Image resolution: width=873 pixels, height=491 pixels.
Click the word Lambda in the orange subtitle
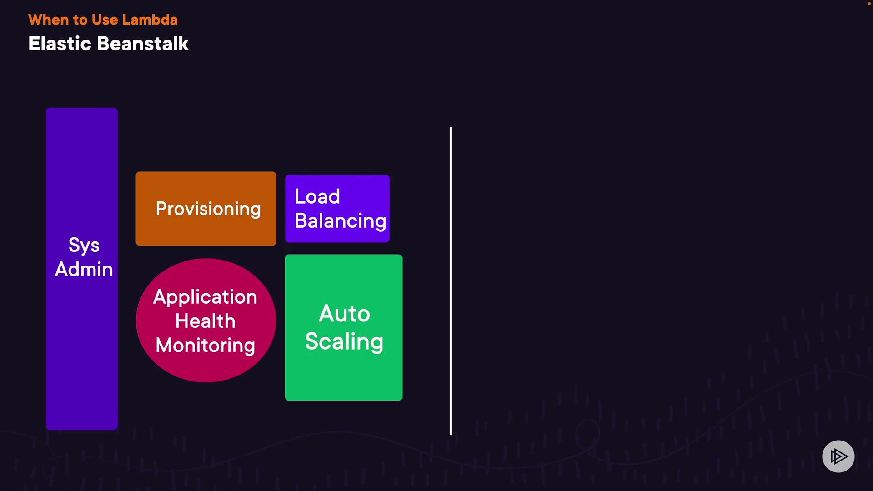coord(150,20)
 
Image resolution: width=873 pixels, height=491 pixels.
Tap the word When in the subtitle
coord(48,20)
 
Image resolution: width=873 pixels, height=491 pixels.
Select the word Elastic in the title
coord(60,44)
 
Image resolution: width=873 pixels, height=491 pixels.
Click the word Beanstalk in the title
coord(143,44)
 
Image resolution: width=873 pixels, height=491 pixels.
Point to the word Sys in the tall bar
coord(84,245)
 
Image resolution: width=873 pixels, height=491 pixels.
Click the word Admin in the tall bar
coord(84,269)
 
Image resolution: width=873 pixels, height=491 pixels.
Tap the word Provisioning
coord(208,209)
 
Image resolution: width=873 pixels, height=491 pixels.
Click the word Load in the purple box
coord(317,196)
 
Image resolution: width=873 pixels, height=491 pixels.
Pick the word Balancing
coord(340,221)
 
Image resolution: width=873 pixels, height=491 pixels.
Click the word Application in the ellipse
coord(205,297)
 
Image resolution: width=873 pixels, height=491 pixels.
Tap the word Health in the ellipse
coord(206,321)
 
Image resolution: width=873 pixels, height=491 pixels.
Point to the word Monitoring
coord(206,345)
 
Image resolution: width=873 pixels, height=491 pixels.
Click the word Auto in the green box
coord(344,313)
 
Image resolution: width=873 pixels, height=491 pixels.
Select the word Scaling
coord(344,341)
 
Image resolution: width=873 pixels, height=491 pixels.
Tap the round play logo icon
coord(838,456)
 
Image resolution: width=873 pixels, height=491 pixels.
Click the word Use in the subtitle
coord(105,20)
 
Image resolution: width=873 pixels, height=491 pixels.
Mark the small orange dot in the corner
coord(869,4)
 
